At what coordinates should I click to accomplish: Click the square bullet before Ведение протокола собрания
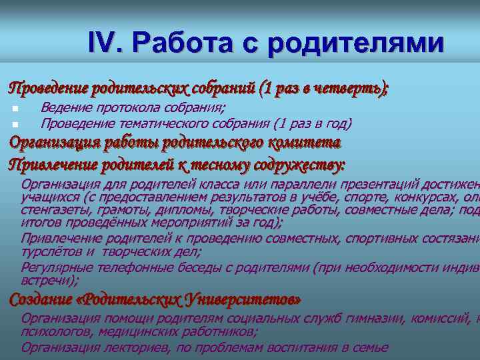tap(14, 109)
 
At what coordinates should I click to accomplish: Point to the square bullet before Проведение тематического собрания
tap(14, 124)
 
